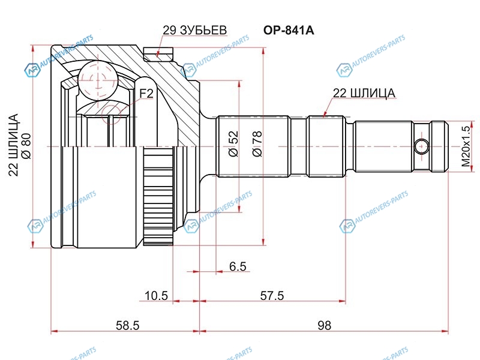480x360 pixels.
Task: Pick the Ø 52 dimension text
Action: [233, 144]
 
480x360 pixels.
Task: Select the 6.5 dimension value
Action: [237, 266]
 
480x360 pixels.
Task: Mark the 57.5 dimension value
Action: [273, 296]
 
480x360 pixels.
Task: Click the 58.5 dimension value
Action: [127, 326]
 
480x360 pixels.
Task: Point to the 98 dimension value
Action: [325, 326]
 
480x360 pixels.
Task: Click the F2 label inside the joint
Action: [147, 94]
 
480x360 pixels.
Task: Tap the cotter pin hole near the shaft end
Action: [422, 145]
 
